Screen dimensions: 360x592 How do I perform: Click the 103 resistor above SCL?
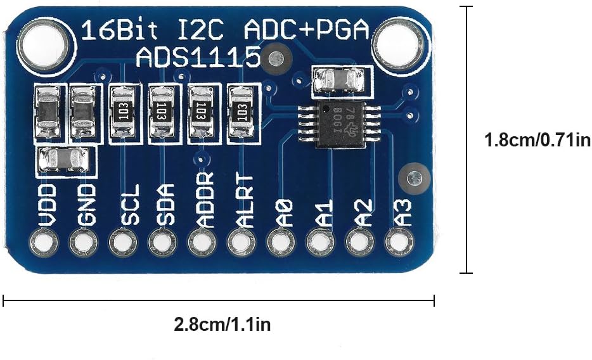tap(121, 113)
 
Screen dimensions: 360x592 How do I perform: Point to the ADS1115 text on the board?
tap(198, 59)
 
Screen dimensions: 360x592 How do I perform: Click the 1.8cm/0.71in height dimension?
tap(537, 140)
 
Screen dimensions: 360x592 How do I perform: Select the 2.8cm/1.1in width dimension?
tap(222, 325)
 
